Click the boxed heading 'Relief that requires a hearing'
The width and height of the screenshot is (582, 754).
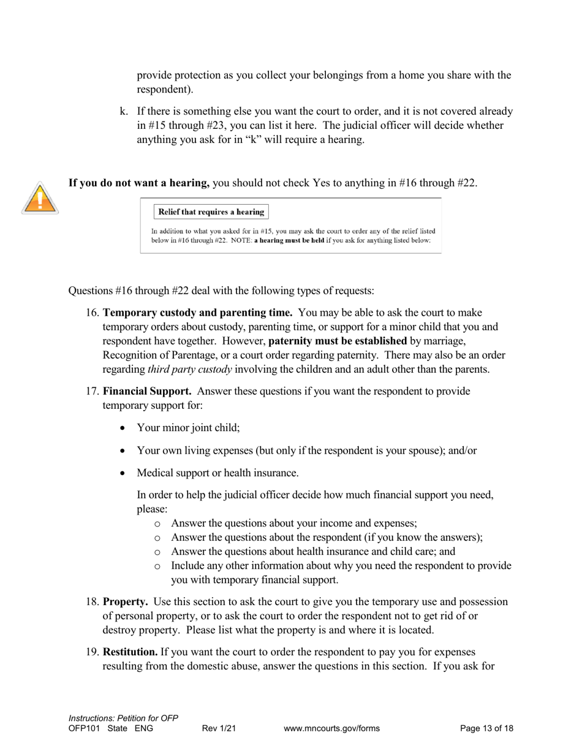(211, 212)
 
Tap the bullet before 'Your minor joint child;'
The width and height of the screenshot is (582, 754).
(124, 428)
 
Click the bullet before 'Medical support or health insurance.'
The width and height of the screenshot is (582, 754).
(124, 473)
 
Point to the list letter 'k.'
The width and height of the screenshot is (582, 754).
(124, 112)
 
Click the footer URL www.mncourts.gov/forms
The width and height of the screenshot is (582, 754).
(331, 728)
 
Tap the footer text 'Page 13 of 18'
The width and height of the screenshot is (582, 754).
(486, 728)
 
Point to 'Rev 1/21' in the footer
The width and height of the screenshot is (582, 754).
(219, 728)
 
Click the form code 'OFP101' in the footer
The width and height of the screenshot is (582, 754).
(84, 728)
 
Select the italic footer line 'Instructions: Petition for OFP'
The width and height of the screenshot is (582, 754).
(123, 718)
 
